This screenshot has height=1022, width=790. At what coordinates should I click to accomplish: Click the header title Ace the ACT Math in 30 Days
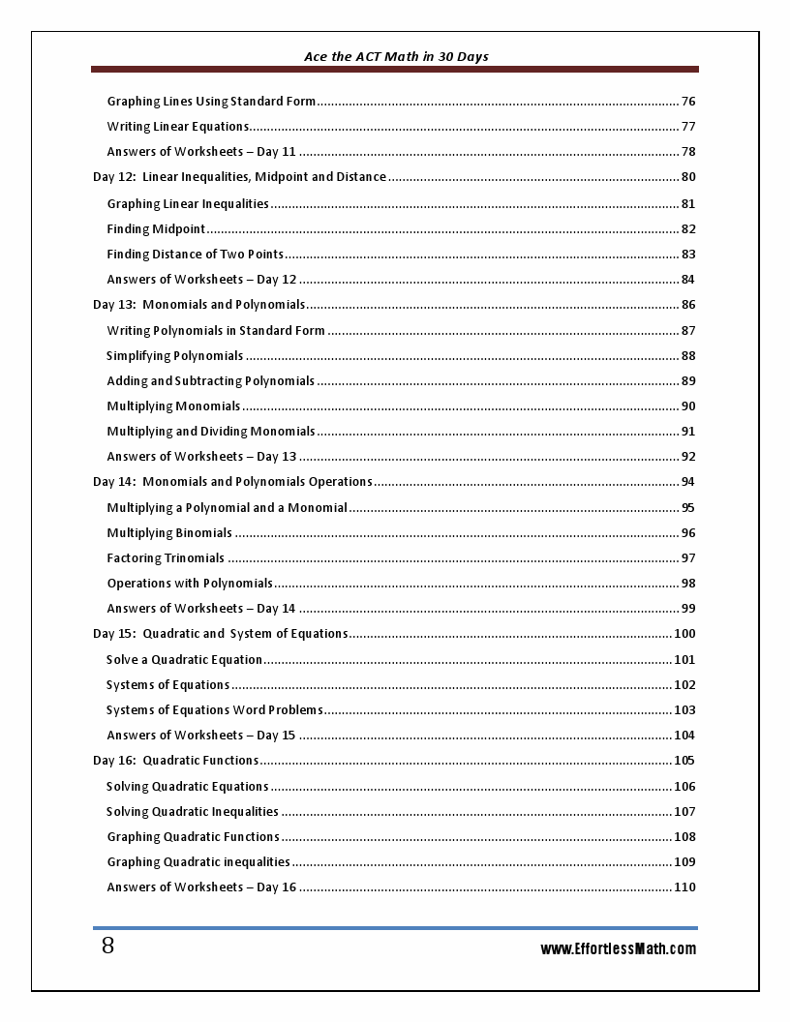(x=396, y=57)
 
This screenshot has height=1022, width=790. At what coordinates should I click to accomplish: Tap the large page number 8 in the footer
(x=107, y=947)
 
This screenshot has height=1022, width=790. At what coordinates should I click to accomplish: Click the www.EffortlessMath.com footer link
(x=618, y=949)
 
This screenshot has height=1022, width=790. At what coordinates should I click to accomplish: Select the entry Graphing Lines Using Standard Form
(x=211, y=102)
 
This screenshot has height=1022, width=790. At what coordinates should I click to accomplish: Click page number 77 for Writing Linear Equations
(x=688, y=127)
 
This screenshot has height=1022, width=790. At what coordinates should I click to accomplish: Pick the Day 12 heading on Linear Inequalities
(x=239, y=177)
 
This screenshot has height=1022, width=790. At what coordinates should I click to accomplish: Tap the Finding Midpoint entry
(x=156, y=229)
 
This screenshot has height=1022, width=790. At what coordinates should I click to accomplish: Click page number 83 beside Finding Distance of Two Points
(x=688, y=255)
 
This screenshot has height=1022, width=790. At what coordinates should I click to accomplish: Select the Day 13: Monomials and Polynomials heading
(x=198, y=305)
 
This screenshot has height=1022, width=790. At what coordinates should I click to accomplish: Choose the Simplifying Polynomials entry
(x=174, y=356)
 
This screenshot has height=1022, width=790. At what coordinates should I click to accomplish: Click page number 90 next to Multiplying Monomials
(x=688, y=406)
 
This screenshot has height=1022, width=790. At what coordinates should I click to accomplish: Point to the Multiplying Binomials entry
(x=169, y=533)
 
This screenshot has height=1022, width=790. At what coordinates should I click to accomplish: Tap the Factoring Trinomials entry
(x=166, y=558)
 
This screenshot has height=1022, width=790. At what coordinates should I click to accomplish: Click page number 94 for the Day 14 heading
(x=688, y=482)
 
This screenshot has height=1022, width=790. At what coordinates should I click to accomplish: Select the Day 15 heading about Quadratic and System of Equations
(x=220, y=634)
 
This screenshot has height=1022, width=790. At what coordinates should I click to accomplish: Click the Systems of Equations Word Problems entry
(x=214, y=710)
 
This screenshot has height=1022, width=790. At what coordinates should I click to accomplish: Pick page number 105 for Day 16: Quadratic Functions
(x=684, y=761)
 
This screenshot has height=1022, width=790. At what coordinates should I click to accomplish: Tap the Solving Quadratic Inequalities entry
(x=192, y=812)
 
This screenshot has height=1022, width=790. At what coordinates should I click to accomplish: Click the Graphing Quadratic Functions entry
(x=193, y=837)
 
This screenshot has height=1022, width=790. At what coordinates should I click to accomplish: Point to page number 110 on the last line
(x=684, y=887)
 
